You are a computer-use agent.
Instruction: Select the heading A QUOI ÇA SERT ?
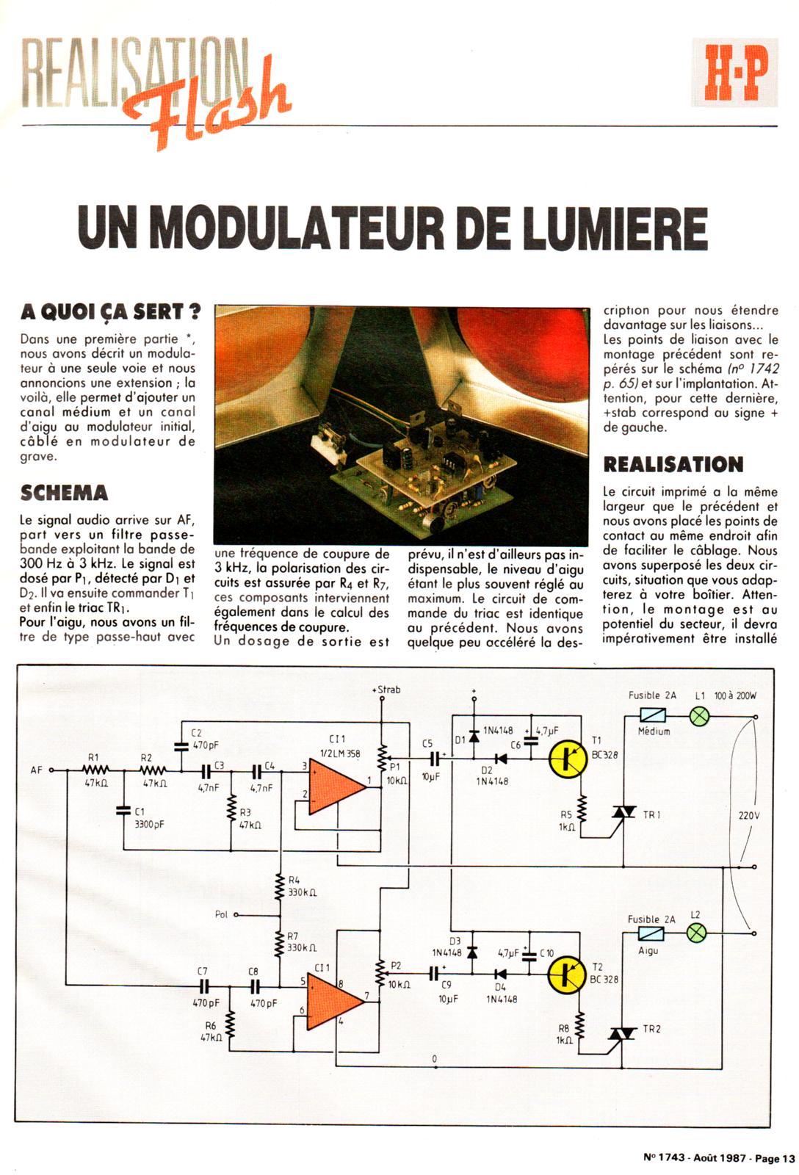click(x=111, y=311)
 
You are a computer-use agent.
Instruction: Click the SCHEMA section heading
click(x=65, y=492)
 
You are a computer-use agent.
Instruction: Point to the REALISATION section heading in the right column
click(x=673, y=464)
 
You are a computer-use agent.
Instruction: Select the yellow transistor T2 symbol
click(x=567, y=974)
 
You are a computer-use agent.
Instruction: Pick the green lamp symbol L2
click(x=696, y=933)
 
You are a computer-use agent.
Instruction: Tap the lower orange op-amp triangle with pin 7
click(x=335, y=999)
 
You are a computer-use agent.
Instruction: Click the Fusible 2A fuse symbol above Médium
click(x=653, y=715)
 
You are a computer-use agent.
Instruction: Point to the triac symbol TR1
click(x=623, y=813)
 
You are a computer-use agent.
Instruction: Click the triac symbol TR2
click(x=623, y=1033)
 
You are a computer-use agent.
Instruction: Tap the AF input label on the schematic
click(x=37, y=770)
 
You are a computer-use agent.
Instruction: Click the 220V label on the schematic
click(x=748, y=815)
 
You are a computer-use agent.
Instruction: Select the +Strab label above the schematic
click(x=386, y=690)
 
